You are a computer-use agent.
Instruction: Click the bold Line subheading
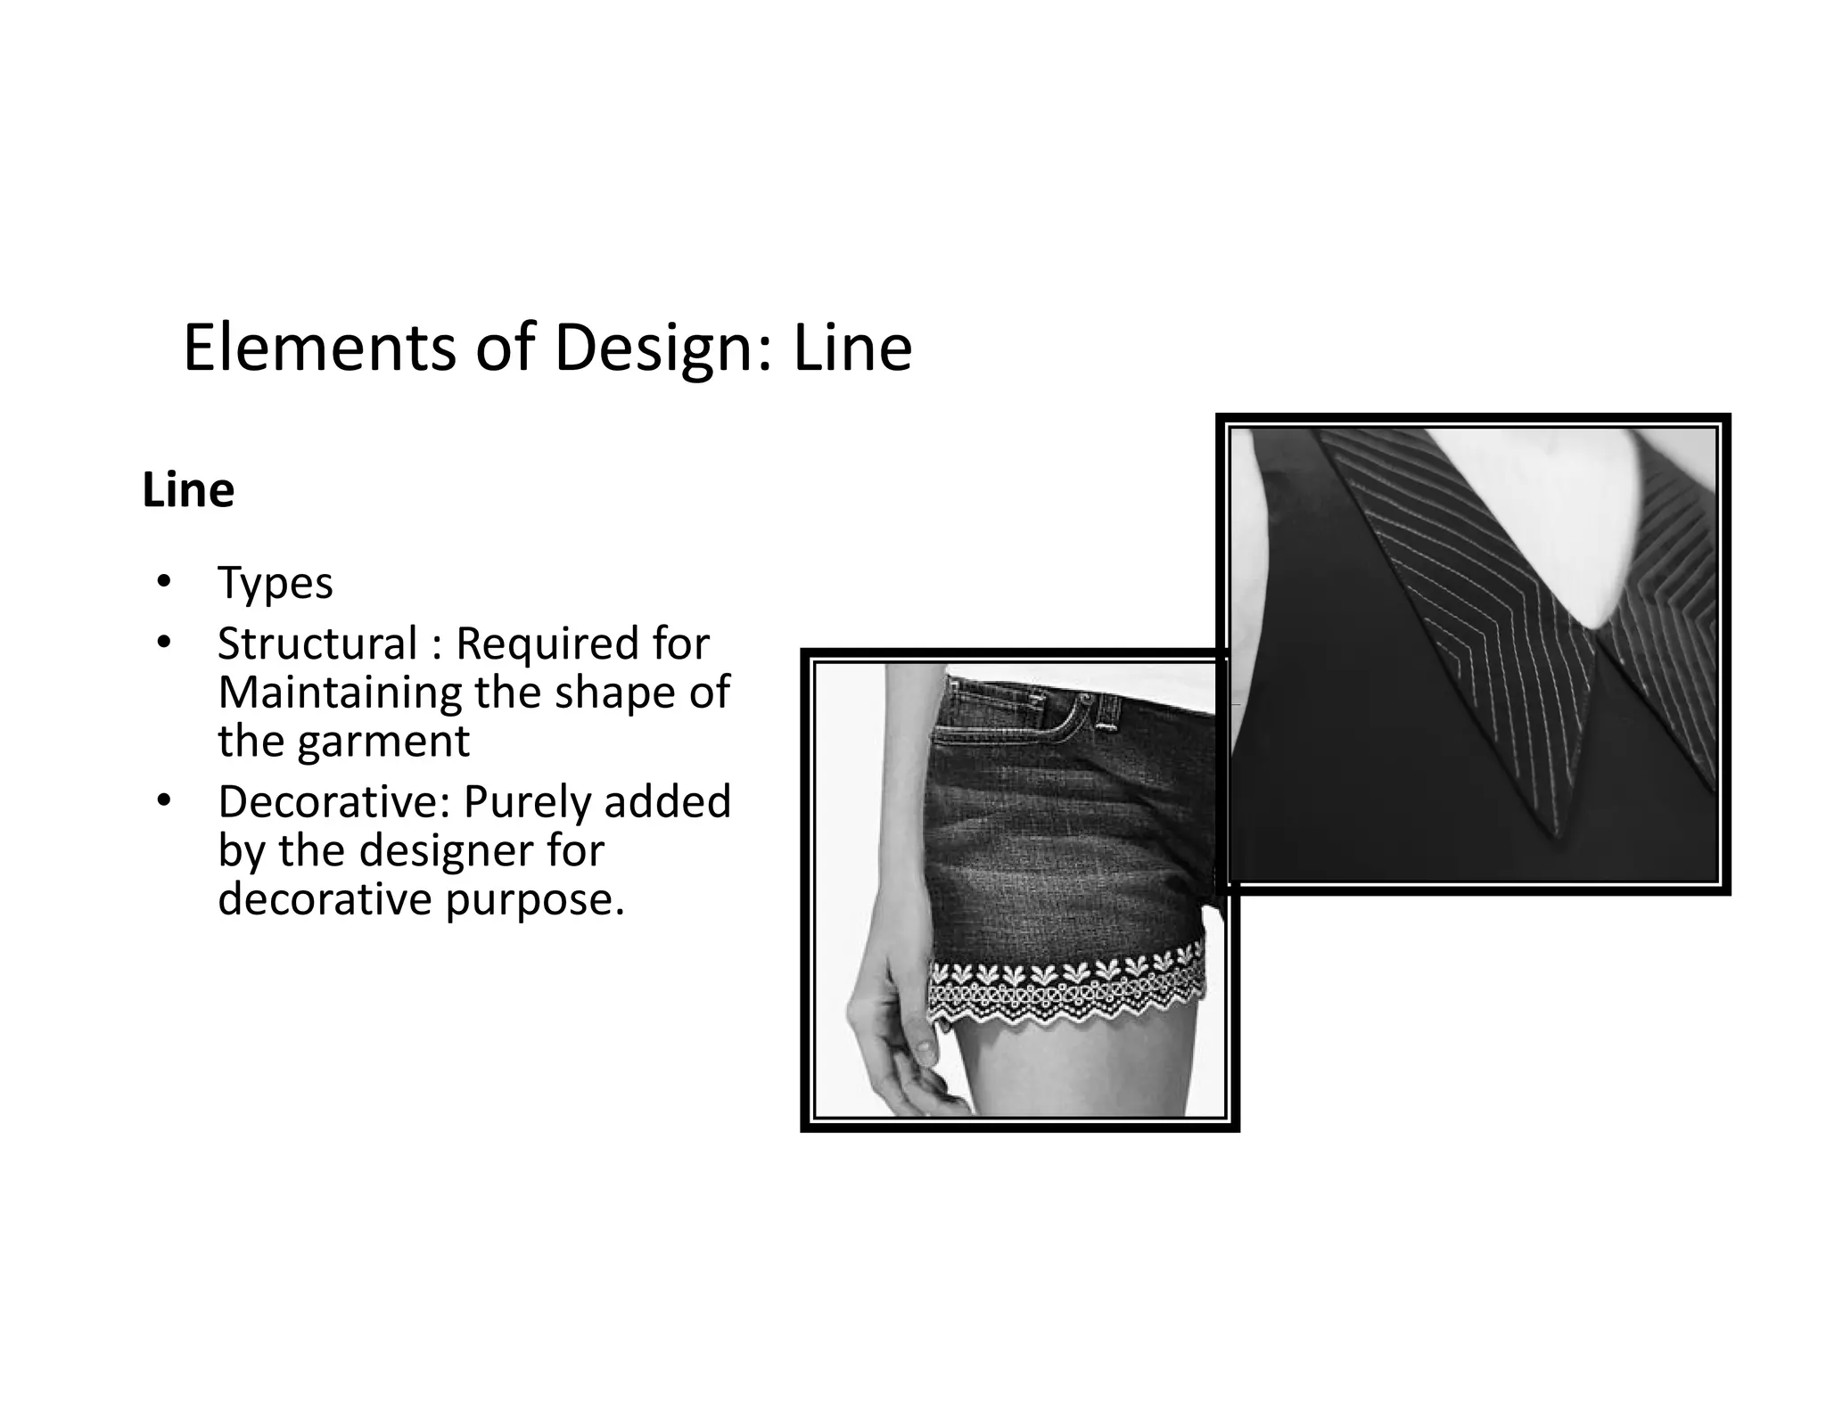point(188,490)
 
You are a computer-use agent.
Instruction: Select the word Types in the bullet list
point(275,584)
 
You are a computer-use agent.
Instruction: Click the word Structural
point(317,644)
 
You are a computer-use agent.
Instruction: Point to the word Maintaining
point(340,693)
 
